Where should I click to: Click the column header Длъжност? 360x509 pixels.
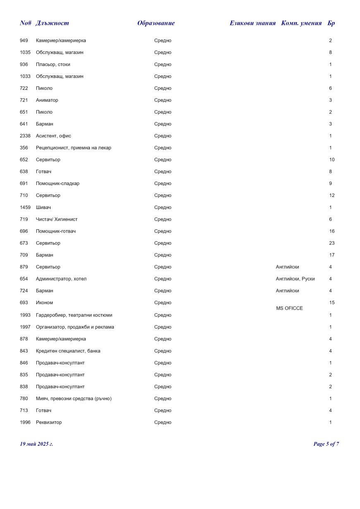pyautogui.click(x=53, y=23)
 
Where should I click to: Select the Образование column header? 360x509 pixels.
pyautogui.click(x=156, y=23)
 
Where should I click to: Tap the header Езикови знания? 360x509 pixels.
pyautogui.click(x=252, y=23)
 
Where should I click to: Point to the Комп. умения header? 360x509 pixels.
pyautogui.click(x=301, y=23)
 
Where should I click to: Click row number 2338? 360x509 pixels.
pyautogui.click(x=25, y=136)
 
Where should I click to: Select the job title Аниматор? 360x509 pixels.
pyautogui.click(x=47, y=100)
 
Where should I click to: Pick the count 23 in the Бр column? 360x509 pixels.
pyautogui.click(x=332, y=243)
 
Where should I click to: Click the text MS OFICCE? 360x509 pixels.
pyautogui.click(x=289, y=308)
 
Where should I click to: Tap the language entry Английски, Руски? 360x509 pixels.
pyautogui.click(x=295, y=279)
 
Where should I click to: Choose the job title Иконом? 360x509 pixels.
pyautogui.click(x=44, y=303)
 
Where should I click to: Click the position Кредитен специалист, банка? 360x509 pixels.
pyautogui.click(x=68, y=351)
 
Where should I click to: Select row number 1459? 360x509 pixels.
pyautogui.click(x=25, y=207)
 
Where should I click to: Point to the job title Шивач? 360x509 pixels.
pyautogui.click(x=43, y=207)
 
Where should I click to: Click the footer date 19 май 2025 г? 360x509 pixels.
pyautogui.click(x=36, y=444)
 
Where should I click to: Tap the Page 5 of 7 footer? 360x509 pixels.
pyautogui.click(x=326, y=444)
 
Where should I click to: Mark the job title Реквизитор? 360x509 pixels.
pyautogui.click(x=49, y=423)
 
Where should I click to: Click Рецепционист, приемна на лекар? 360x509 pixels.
pyautogui.click(x=73, y=148)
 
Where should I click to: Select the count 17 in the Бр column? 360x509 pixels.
pyautogui.click(x=332, y=255)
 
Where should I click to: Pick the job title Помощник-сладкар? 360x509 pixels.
pyautogui.click(x=58, y=184)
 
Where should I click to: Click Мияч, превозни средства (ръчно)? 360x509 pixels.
pyautogui.click(x=74, y=399)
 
